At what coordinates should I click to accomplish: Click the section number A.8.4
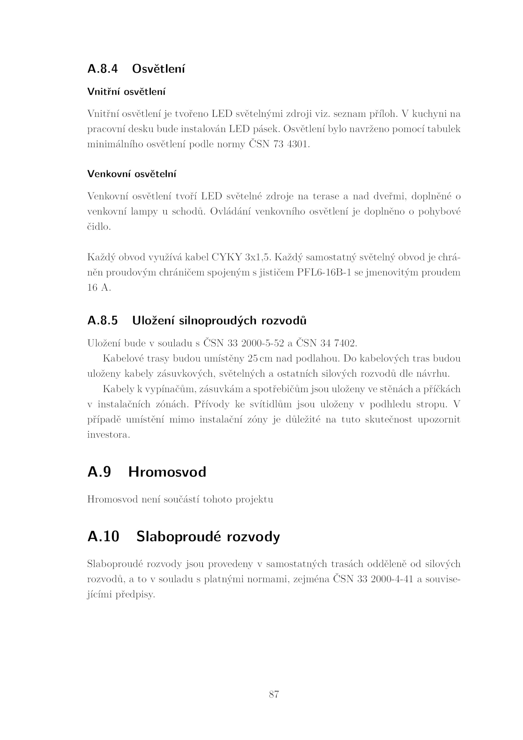click(102, 69)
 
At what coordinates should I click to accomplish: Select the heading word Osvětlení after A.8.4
click(159, 69)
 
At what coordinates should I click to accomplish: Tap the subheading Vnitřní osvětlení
click(126, 92)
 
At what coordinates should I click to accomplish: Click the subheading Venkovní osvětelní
click(132, 174)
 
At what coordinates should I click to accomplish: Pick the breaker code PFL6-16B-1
click(324, 272)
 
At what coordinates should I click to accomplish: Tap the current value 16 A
click(99, 288)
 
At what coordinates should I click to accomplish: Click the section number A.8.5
click(102, 321)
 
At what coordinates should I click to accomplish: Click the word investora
click(109, 435)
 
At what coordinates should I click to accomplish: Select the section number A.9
click(99, 472)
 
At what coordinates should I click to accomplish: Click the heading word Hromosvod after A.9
click(167, 472)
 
